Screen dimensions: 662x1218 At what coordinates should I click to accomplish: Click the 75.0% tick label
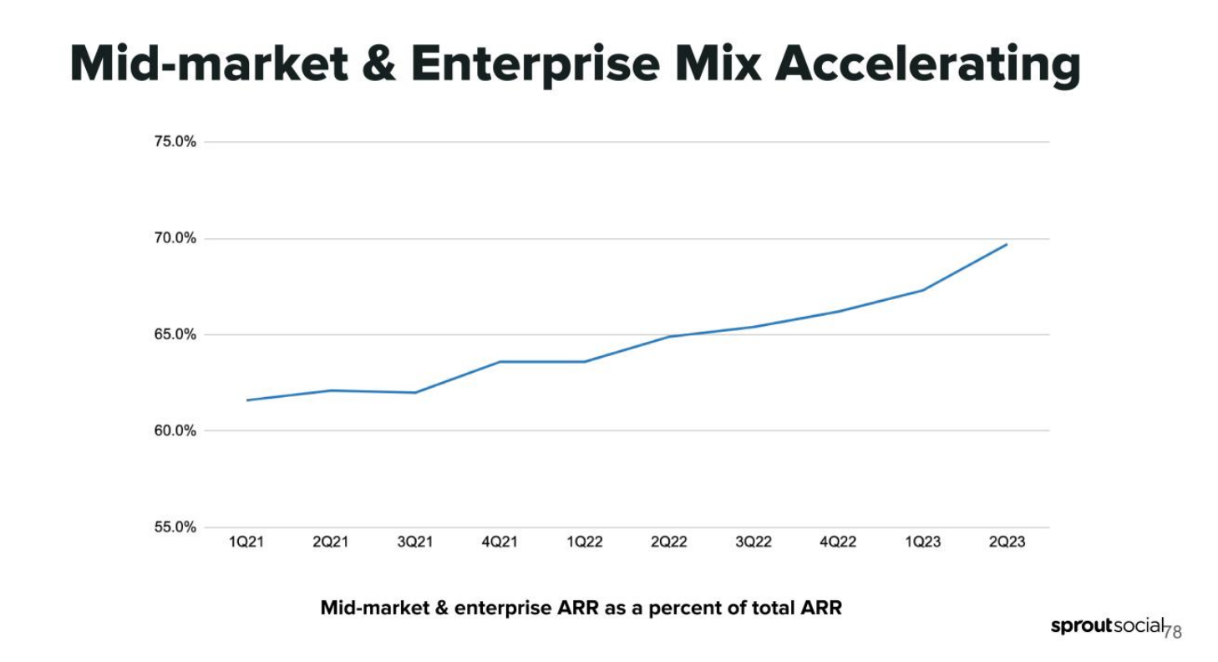pos(175,142)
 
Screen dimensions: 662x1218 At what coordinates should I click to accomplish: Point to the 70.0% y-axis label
pos(175,239)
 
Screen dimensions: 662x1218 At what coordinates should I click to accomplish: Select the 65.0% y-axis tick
pos(175,335)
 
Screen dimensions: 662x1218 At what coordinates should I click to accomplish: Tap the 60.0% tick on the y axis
pos(175,431)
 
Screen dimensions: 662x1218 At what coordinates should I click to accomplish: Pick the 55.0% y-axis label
pos(175,527)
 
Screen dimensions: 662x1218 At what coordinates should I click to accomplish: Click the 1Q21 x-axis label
pos(246,542)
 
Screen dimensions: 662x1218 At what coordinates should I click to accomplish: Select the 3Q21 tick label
pos(415,542)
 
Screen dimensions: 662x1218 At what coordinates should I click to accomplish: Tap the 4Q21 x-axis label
pos(500,542)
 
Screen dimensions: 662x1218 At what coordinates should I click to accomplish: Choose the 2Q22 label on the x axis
pos(668,542)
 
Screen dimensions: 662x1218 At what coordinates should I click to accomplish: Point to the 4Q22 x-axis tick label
pos(838,542)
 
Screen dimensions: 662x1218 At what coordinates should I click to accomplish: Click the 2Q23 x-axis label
pos(1007,542)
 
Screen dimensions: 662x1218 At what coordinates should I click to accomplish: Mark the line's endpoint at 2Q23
pos(1007,244)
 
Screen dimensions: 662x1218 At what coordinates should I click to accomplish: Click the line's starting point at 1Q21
pos(247,400)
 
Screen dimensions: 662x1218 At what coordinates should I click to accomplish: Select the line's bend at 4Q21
pos(500,362)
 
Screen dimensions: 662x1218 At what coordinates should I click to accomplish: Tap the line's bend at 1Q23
pos(922,290)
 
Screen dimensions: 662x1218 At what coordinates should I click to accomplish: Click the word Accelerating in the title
pos(927,65)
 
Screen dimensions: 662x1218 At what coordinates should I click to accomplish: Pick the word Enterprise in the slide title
pos(532,65)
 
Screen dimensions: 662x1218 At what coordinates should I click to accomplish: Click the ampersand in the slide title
pos(380,65)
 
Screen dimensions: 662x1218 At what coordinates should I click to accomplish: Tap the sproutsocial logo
pos(1107,626)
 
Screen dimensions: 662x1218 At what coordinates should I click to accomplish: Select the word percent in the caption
pos(683,609)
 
